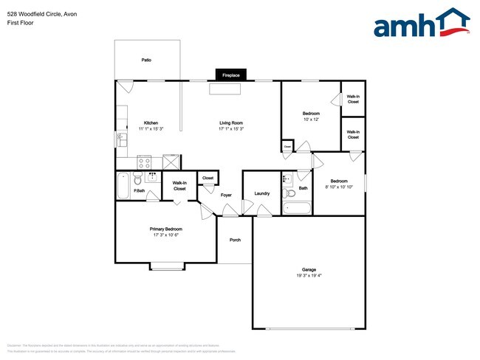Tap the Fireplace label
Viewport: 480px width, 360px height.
tap(232, 75)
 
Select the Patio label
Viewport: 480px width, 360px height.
tap(146, 59)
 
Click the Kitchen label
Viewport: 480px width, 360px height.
tap(151, 122)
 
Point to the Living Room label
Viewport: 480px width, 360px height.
tap(231, 122)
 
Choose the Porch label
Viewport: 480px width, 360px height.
tap(235, 240)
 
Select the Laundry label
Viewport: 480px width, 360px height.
tap(261, 193)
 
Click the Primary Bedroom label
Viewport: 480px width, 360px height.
tap(168, 229)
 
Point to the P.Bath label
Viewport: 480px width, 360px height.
tap(138, 192)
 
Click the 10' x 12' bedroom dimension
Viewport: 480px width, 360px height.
tap(310, 120)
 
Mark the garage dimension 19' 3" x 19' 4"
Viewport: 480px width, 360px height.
tap(309, 276)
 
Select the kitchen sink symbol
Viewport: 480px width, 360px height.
tap(119, 138)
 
